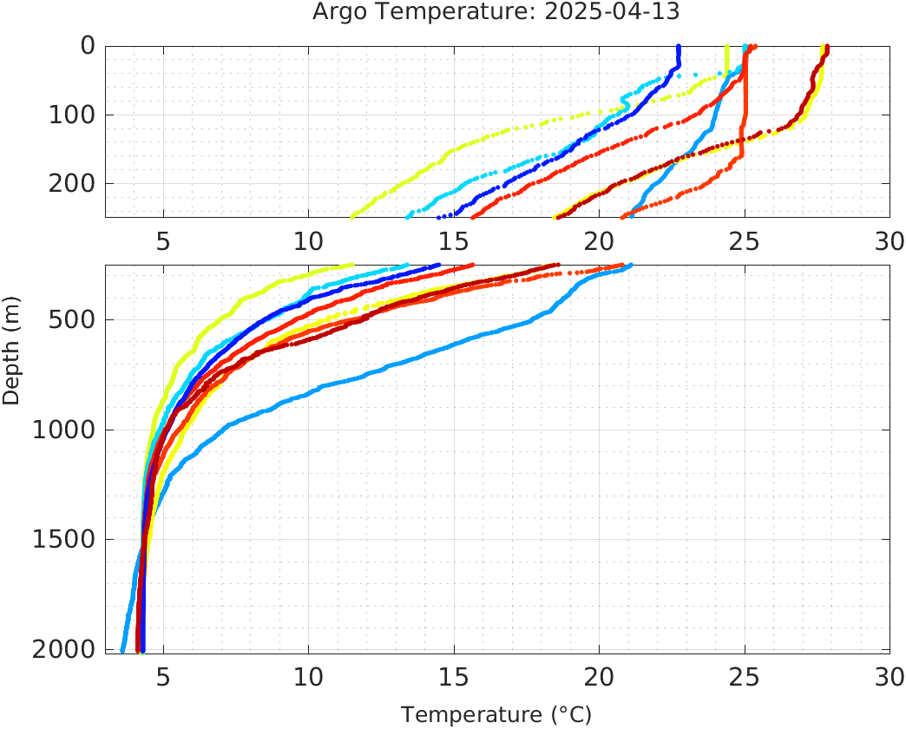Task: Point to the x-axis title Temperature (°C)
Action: point(496,715)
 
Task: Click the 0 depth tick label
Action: point(88,46)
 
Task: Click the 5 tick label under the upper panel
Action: point(163,241)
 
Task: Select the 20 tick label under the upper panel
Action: point(599,241)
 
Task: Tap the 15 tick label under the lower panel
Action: point(454,677)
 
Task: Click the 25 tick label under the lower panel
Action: point(745,677)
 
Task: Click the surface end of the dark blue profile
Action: point(679,47)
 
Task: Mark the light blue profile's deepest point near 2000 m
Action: point(122,649)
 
